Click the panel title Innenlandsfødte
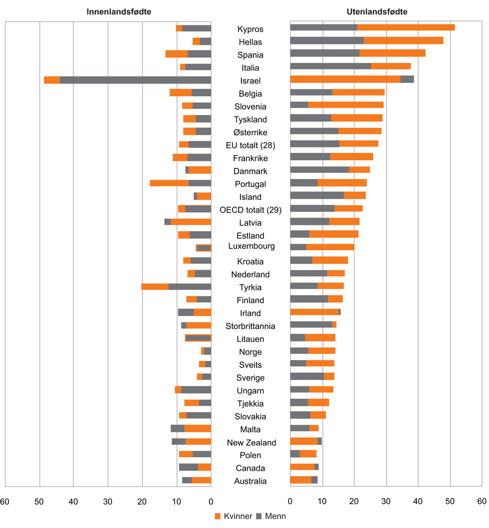pos(119,12)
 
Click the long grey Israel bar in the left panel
pos(135,80)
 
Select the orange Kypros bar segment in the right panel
pos(406,27)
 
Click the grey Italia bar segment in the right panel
pos(331,66)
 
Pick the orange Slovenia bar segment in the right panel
pos(346,105)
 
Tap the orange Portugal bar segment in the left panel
pos(169,183)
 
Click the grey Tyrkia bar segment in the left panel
pos(190,287)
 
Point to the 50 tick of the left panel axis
pos(39,501)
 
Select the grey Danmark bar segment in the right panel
pos(320,169)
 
